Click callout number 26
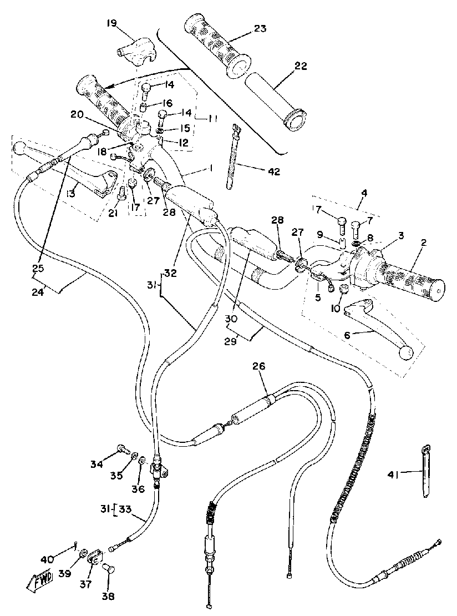[258, 366]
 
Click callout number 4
[365, 194]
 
